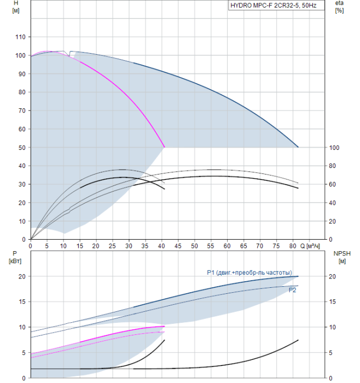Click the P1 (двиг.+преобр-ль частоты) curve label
click(249, 272)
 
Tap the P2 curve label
click(293, 290)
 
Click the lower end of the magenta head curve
click(165, 147)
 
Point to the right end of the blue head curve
click(298, 147)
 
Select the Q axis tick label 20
click(96, 246)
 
